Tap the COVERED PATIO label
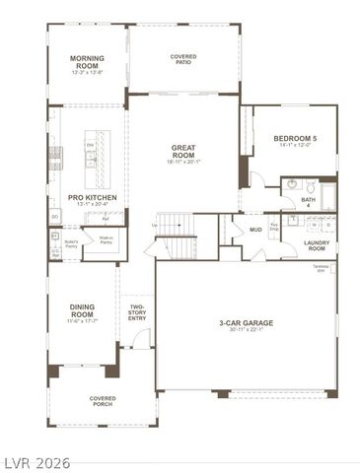(x=183, y=59)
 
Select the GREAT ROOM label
(x=183, y=153)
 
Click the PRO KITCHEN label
(x=92, y=200)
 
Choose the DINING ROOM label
(x=82, y=312)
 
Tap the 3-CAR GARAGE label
(x=246, y=325)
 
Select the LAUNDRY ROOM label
(x=317, y=245)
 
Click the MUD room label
(x=255, y=230)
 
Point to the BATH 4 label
(x=308, y=202)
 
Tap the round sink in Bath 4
(x=292, y=184)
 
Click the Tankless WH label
(x=320, y=270)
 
